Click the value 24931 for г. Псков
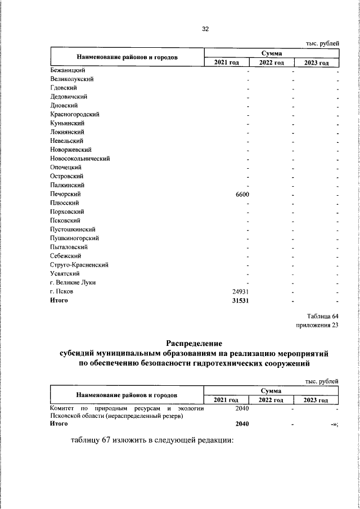(241, 291)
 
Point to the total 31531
(240, 300)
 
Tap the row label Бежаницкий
(67, 70)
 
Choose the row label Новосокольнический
(79, 159)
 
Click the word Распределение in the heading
(195, 343)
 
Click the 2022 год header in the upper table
(271, 62)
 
